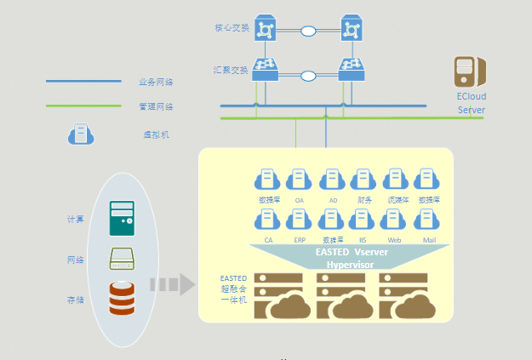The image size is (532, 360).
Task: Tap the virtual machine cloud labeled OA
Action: click(x=299, y=180)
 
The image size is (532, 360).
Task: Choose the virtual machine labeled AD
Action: click(x=332, y=180)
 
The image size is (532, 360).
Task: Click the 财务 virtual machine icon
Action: click(x=363, y=180)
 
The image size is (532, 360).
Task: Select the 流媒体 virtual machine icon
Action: click(x=396, y=180)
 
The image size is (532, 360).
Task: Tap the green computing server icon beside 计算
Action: click(x=123, y=218)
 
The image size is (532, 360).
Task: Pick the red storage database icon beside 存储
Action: click(x=123, y=297)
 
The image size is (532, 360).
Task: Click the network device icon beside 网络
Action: click(x=123, y=259)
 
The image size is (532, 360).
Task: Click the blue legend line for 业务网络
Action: click(x=83, y=83)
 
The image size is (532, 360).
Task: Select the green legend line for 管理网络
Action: click(x=83, y=106)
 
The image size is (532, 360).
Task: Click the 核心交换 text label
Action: click(x=232, y=28)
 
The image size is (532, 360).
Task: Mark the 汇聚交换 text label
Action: click(x=232, y=70)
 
